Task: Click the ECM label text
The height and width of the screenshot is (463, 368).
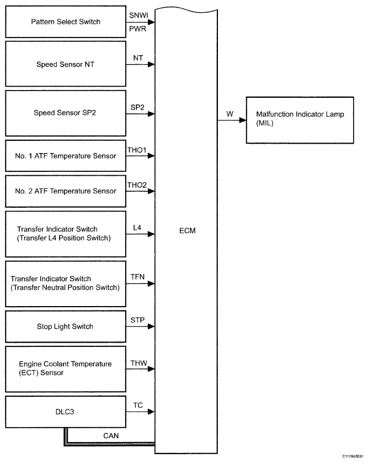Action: (x=188, y=230)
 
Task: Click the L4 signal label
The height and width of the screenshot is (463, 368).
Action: (x=138, y=227)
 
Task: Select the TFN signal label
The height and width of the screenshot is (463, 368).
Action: (x=138, y=276)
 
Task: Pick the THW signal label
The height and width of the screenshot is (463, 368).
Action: (x=138, y=362)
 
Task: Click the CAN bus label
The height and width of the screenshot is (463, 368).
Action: (x=111, y=435)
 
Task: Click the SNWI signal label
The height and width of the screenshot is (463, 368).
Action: (x=138, y=15)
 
